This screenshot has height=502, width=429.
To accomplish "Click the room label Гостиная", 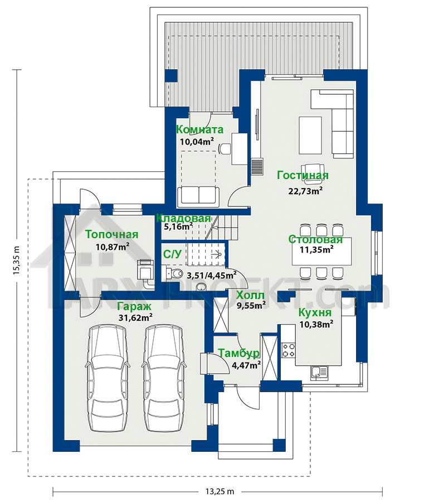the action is point(303,176).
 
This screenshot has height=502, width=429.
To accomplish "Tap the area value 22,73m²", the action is point(305,191).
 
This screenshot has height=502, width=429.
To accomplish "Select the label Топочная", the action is point(111,234).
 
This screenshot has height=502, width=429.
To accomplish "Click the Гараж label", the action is point(134,306).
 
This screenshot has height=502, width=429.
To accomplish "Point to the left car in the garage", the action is point(108,378).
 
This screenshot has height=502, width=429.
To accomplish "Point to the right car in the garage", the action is point(164,378).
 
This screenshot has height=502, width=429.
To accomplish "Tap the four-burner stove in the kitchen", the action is point(288,350).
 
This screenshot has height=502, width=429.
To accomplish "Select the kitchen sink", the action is point(319,373).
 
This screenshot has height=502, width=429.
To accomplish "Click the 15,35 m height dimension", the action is point(17,260).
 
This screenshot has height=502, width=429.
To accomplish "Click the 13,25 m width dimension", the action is point(220,491).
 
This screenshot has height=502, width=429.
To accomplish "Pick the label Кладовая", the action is point(183,218).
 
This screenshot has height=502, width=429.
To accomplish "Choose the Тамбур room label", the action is point(238,353).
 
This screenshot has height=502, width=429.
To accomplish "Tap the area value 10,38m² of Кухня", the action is point(316,324).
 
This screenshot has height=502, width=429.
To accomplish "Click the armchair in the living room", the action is point(313,174).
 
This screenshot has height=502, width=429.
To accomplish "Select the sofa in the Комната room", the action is point(198,196).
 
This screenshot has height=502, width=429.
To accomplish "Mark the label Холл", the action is point(250,295).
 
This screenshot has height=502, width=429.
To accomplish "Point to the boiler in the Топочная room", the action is point(146,269).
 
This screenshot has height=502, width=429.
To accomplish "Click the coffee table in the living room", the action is point(310,136).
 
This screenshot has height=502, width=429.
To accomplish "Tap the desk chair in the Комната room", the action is point(225,149).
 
